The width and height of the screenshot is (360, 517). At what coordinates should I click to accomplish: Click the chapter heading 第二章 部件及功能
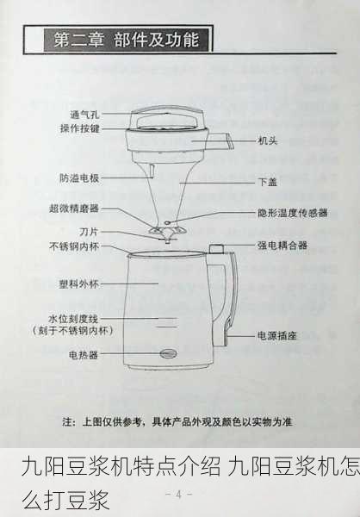coord(126,40)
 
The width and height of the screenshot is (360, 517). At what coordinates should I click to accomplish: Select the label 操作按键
coord(80,128)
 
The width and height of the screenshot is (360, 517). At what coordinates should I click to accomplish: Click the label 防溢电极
coord(79,178)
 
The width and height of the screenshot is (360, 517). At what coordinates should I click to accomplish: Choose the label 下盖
coord(267,183)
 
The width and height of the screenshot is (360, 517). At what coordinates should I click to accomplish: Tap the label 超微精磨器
coord(74,209)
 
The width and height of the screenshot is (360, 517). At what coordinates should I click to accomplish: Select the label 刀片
coord(89,232)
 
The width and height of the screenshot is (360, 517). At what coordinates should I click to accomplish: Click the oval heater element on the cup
coord(167,352)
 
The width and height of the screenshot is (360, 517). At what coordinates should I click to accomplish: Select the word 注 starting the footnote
coord(68,422)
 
